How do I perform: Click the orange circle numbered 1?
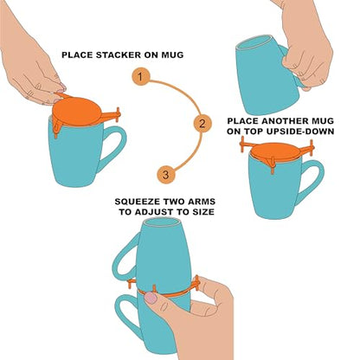click(x=141, y=77)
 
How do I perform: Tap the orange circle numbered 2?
click(x=202, y=124)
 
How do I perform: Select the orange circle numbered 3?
click(x=166, y=175)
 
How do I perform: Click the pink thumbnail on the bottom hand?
click(x=151, y=298)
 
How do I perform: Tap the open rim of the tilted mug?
click(x=254, y=42)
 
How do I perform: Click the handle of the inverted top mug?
click(x=125, y=254)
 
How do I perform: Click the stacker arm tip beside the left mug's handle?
click(x=118, y=114)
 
